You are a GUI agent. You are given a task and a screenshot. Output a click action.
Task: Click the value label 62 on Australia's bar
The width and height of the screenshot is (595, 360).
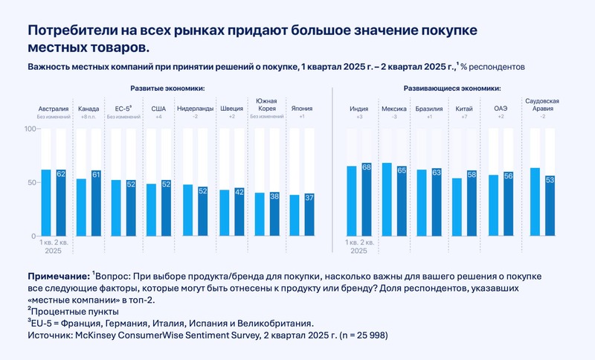point(60,173)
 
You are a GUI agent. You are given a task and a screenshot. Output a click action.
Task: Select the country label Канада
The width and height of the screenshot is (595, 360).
point(89,109)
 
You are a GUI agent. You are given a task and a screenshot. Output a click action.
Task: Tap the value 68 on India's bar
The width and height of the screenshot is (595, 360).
point(367,167)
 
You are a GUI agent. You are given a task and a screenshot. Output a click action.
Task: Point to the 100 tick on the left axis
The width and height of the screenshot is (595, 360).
point(30,129)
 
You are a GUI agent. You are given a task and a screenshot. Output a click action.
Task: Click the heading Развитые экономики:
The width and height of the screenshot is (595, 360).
point(167,89)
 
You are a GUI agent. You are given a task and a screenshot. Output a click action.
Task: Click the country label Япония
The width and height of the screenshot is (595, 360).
point(300,109)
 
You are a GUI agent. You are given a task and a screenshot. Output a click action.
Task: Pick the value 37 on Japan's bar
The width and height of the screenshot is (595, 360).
point(309,197)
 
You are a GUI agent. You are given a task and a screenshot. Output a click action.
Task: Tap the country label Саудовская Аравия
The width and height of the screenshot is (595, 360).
point(542,104)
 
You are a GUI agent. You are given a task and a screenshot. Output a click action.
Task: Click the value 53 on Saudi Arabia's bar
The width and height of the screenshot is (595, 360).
point(550,179)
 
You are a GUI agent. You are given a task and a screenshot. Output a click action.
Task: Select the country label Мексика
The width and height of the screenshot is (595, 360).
point(394,109)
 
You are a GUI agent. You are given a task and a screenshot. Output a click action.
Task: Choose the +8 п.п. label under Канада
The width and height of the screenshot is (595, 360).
point(89,117)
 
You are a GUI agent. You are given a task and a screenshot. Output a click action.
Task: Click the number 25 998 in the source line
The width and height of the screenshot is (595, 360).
point(365,335)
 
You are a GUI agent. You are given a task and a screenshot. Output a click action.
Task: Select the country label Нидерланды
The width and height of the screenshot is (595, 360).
point(195,109)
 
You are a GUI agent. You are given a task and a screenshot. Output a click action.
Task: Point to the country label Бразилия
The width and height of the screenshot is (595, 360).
point(429,109)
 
